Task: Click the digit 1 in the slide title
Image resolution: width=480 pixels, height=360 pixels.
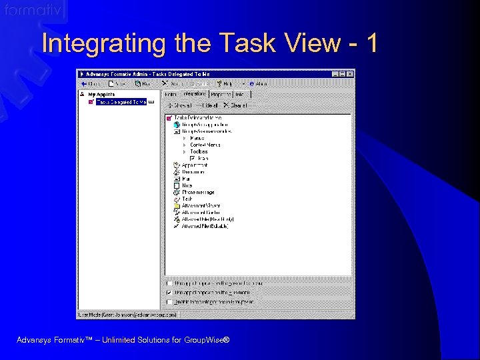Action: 371,43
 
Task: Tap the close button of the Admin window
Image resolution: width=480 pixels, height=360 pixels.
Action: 351,74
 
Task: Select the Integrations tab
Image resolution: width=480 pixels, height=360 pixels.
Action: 194,94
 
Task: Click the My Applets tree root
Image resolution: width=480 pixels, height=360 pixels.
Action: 101,95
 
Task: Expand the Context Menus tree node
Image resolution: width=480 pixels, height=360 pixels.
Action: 185,145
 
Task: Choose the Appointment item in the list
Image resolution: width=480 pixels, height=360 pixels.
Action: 195,165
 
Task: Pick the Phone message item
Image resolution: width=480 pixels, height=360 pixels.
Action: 198,193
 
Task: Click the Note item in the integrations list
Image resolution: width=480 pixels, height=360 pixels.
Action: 187,185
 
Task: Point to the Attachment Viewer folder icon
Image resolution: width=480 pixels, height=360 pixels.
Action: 176,206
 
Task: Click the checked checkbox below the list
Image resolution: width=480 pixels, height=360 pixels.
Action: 169,293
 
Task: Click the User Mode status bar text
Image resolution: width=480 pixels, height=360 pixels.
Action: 127,314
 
